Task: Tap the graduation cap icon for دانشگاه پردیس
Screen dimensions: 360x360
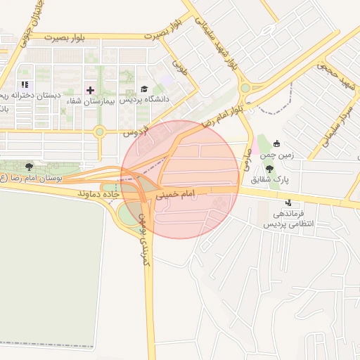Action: pos(144,89)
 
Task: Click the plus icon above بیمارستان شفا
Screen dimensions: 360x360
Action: pos(90,90)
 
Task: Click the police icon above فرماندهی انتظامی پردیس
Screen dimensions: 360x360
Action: pos(287,205)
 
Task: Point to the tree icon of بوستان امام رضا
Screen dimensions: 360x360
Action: pos(29,167)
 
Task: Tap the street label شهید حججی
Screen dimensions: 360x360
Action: pos(337,77)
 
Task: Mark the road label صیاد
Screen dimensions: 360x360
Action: pos(247,162)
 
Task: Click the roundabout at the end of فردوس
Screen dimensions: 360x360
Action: pos(100,131)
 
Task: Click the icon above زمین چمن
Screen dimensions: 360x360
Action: pos(276,143)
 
